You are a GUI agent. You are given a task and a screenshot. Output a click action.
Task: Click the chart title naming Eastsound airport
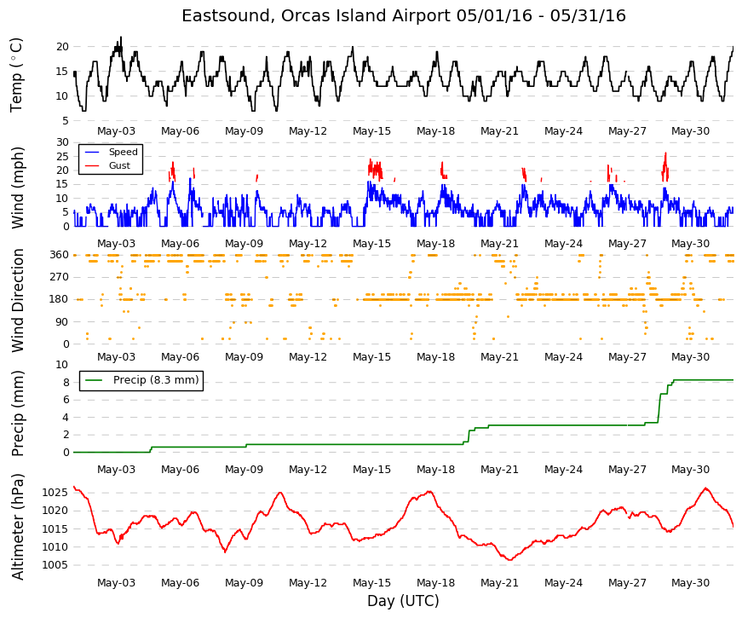(404, 15)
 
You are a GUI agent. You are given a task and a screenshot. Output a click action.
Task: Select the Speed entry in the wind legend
(123, 152)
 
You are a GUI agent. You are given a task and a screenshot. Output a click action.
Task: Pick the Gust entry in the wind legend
(119, 165)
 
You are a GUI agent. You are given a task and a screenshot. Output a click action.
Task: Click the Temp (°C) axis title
(16, 75)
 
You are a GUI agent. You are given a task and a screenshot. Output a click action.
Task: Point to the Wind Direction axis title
(18, 301)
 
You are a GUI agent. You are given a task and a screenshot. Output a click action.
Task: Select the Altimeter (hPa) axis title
(17, 526)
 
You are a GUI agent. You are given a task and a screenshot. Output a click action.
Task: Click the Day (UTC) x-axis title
(403, 601)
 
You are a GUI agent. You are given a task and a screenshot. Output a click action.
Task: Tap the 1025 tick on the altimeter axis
(55, 493)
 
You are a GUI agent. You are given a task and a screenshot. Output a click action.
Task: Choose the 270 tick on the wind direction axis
(59, 277)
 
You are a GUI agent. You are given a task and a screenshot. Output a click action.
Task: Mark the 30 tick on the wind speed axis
(62, 142)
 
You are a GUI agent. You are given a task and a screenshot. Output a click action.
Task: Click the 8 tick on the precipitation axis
(66, 382)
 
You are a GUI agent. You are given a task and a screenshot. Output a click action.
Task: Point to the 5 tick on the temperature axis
(66, 121)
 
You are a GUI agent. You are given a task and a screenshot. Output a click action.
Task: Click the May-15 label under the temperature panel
(372, 131)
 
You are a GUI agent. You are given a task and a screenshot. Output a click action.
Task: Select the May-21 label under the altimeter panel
(500, 583)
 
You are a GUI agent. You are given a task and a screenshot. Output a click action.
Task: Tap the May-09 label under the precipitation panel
(244, 470)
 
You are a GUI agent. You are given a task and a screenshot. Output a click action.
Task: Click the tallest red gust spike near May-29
(666, 153)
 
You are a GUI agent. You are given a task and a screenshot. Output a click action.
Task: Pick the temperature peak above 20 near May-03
(121, 38)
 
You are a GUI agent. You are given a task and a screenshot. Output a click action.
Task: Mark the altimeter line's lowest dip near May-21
(510, 560)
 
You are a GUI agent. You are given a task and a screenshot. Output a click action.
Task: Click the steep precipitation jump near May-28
(659, 408)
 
